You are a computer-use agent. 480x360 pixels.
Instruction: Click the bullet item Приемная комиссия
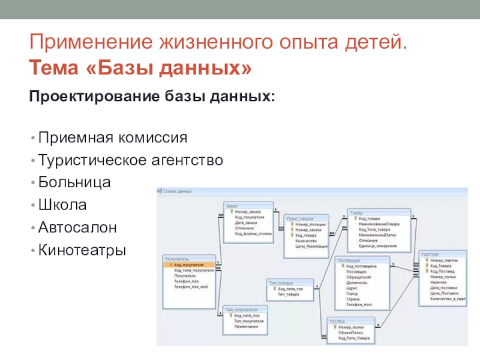(x=113, y=138)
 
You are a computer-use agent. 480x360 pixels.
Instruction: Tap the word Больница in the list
(x=74, y=182)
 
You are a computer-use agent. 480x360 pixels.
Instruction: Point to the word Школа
(x=62, y=205)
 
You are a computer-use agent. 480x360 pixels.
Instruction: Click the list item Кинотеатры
(x=82, y=249)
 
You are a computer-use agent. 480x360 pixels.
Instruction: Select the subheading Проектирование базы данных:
(x=152, y=97)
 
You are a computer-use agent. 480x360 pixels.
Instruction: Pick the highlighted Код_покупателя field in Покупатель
(x=190, y=264)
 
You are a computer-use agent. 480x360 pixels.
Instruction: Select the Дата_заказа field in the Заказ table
(x=246, y=223)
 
